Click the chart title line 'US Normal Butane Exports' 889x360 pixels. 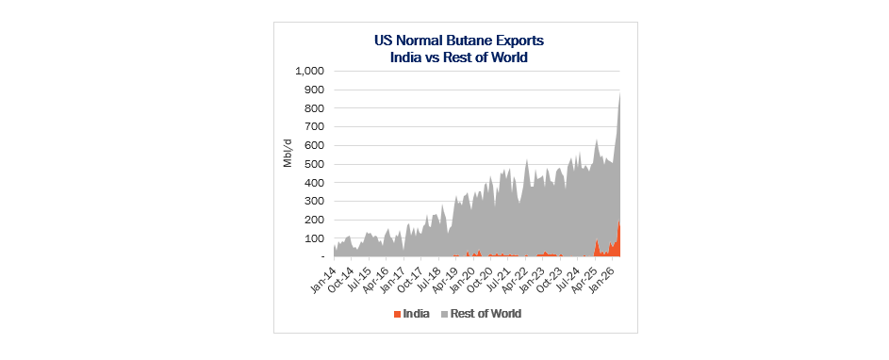(x=459, y=41)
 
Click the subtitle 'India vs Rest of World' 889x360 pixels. (x=459, y=57)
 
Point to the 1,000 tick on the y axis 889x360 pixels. (x=308, y=71)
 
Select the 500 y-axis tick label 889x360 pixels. (x=315, y=164)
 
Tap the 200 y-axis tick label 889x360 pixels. (x=315, y=220)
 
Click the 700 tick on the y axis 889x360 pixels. (x=315, y=126)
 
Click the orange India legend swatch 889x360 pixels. (x=398, y=314)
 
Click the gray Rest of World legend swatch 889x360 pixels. (x=445, y=314)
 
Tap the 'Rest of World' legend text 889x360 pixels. (x=486, y=314)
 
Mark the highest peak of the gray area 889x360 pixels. (x=619, y=92)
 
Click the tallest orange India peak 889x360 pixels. (x=619, y=221)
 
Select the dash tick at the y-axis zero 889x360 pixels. (x=321, y=257)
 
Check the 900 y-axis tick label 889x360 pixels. (x=315, y=90)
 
